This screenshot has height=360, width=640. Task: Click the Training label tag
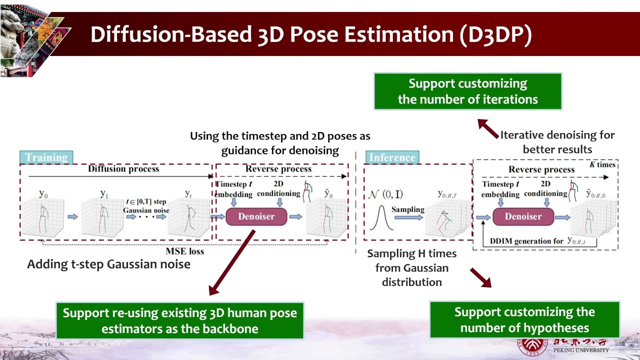click(46, 157)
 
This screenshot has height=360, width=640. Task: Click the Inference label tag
click(392, 157)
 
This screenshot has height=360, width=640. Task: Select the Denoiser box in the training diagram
click(256, 216)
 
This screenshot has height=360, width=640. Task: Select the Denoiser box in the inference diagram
click(523, 216)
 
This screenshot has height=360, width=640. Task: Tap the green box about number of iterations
click(467, 91)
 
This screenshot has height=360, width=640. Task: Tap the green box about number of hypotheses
click(524, 320)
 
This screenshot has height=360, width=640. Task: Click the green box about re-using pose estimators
click(179, 320)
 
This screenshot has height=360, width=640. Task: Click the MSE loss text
click(184, 251)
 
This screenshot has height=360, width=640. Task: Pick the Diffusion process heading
click(123, 169)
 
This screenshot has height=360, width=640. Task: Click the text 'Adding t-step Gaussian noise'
click(108, 264)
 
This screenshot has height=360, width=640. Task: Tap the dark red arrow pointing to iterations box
click(488, 128)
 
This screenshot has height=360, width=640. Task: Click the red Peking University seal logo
click(531, 346)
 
